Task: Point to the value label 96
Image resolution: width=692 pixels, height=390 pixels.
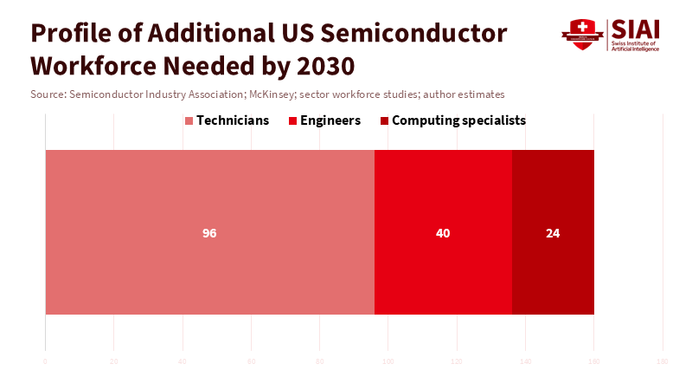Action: coord(209,233)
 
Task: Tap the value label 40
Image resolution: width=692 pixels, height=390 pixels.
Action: coord(443,233)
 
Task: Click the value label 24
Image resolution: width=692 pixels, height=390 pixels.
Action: coord(553,233)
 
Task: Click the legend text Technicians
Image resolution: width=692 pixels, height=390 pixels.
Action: coord(233,120)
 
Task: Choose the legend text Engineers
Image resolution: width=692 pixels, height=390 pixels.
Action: coord(330,120)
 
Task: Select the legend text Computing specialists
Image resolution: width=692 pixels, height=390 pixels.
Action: coord(458,120)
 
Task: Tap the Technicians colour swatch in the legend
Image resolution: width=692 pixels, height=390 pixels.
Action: coord(189,120)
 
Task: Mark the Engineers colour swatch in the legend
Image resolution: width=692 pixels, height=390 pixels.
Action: coord(292,120)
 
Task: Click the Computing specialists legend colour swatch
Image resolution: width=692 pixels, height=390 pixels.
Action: coord(384,120)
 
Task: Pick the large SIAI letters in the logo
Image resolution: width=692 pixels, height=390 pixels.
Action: coord(636,29)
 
